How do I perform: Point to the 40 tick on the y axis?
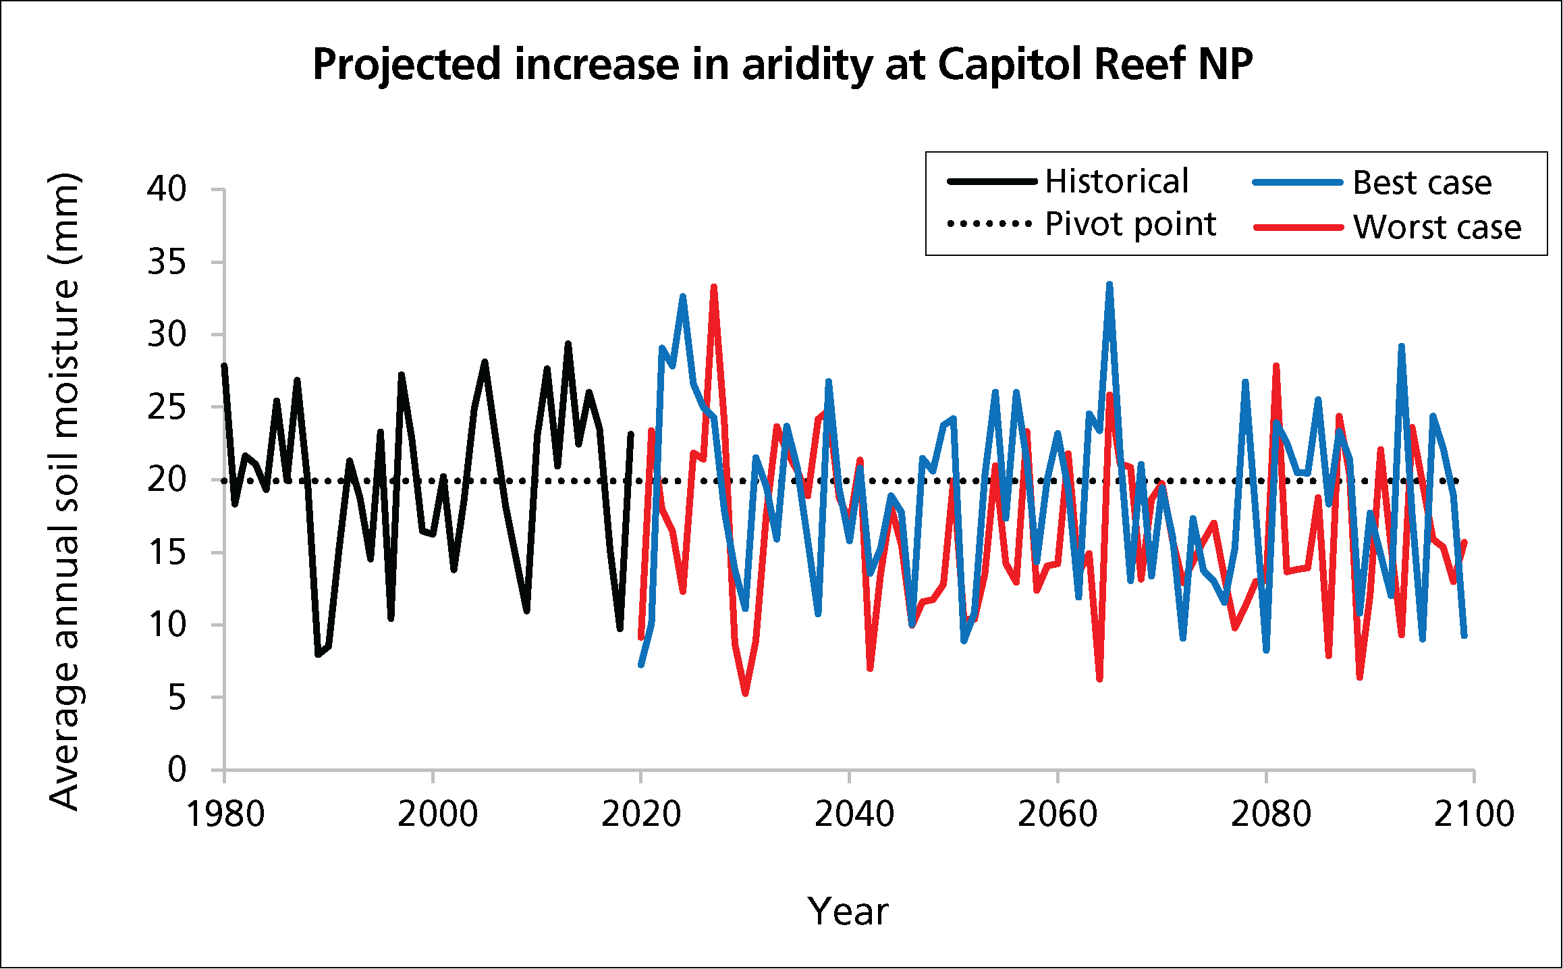click(x=167, y=189)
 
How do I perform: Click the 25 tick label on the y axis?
click(x=167, y=407)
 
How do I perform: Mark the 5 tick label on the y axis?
click(x=177, y=698)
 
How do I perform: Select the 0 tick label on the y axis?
click(x=177, y=770)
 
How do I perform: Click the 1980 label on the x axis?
click(x=225, y=814)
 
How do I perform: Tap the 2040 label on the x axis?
click(x=854, y=814)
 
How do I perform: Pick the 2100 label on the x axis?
click(x=1474, y=814)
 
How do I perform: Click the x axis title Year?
click(x=848, y=912)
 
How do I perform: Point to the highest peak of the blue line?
click(x=1109, y=284)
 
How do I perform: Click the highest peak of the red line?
click(x=713, y=286)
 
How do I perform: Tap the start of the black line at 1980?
click(x=224, y=365)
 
